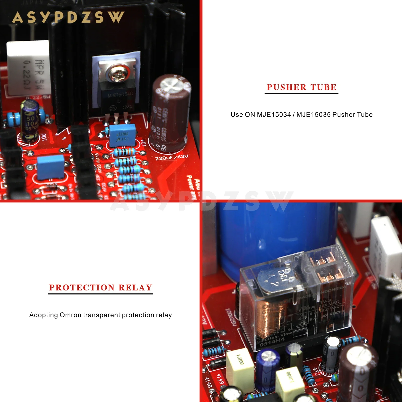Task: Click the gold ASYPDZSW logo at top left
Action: [x=68, y=17]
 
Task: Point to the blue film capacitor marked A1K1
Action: [x=122, y=136]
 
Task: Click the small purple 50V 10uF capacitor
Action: [x=30, y=118]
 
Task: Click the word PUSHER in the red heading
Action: [x=286, y=87]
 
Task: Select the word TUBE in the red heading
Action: [x=323, y=87]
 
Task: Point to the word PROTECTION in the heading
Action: [x=82, y=287]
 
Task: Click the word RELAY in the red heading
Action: [x=135, y=287]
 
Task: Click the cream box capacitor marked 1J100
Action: [x=240, y=364]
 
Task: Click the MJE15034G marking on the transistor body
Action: [x=120, y=95]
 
